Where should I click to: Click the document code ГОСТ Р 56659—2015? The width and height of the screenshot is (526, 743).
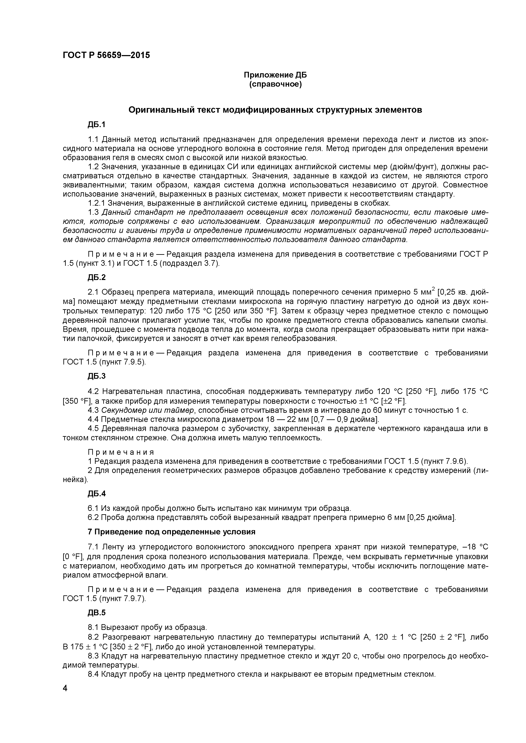[106, 55]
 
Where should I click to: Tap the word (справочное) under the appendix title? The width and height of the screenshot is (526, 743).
[275, 85]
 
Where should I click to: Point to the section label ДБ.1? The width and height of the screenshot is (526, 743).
[96, 125]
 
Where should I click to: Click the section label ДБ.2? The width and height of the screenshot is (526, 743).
[96, 277]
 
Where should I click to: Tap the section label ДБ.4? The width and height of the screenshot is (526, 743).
[96, 494]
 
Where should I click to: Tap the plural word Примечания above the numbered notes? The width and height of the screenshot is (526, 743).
[121, 452]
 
